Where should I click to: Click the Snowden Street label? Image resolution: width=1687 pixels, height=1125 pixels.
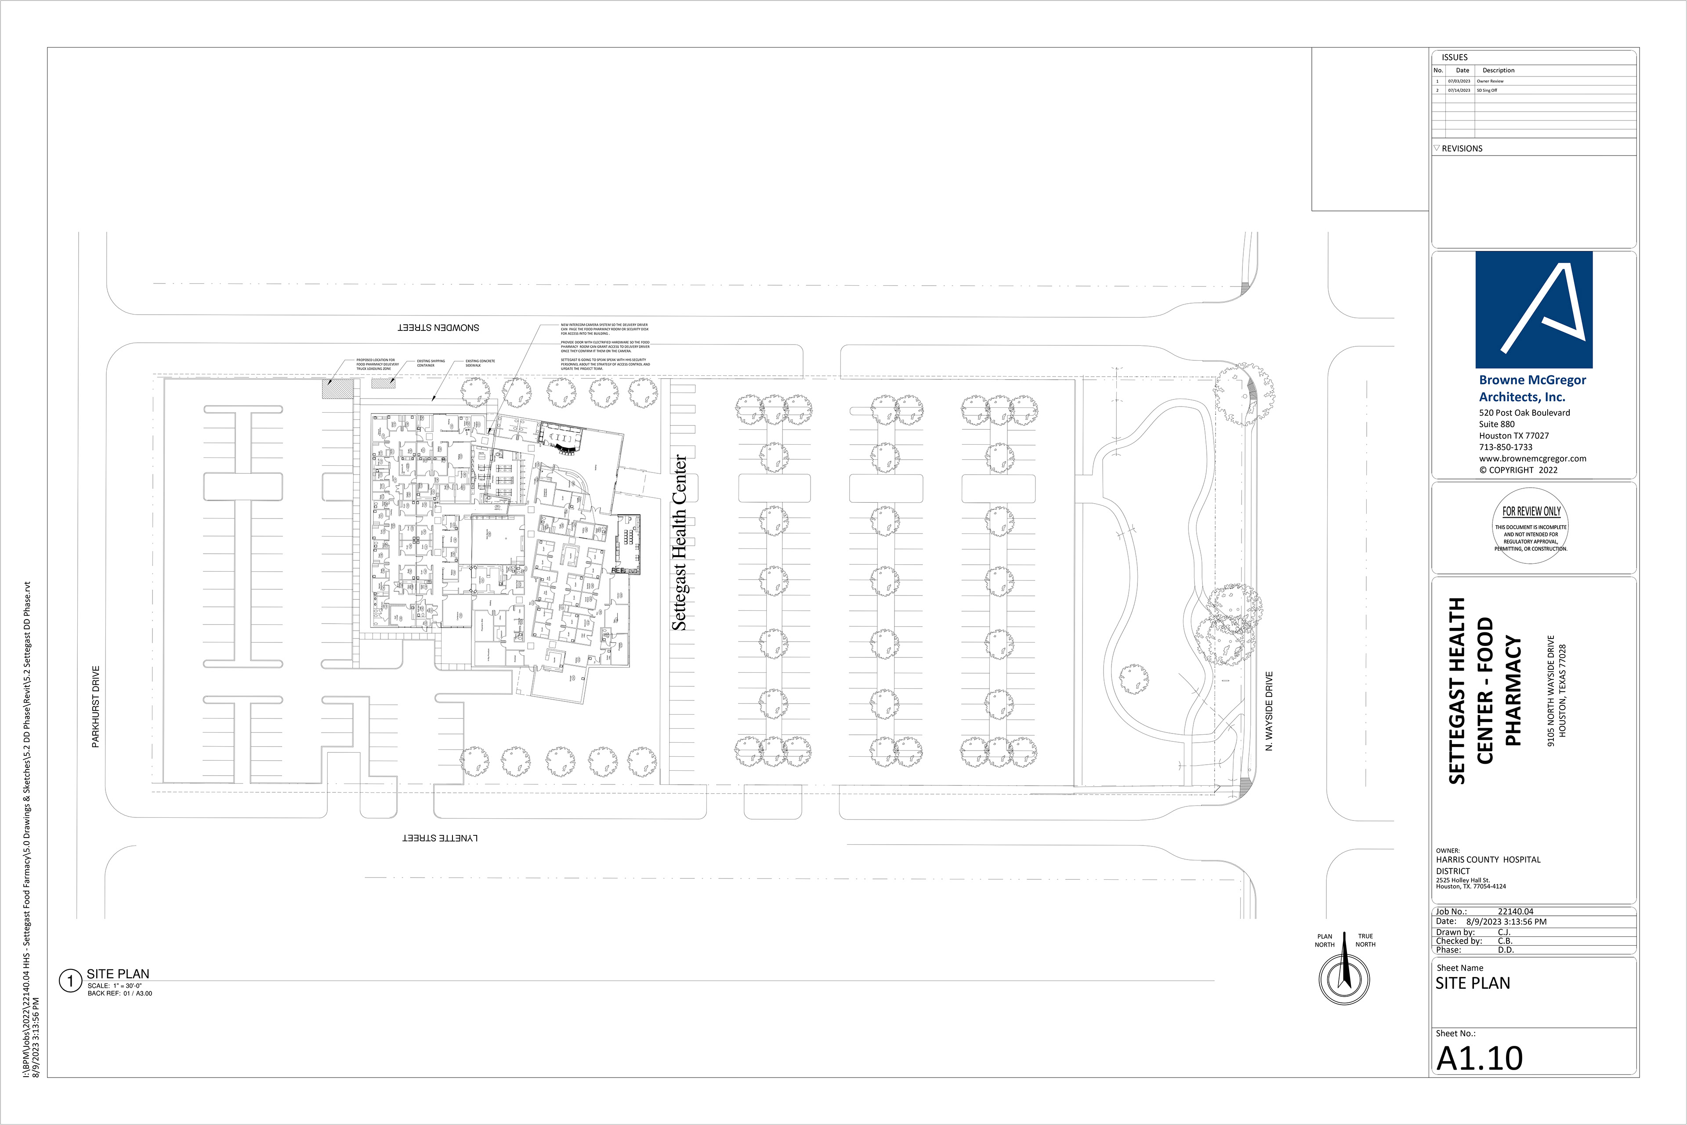(x=438, y=328)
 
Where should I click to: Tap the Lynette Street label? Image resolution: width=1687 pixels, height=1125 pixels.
(x=439, y=838)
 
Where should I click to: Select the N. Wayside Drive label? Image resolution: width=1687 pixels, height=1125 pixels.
(x=1269, y=711)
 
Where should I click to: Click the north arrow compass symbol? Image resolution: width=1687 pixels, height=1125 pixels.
(x=1344, y=977)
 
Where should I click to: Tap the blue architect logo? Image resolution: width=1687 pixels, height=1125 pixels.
(x=1534, y=310)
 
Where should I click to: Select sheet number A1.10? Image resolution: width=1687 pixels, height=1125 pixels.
(x=1480, y=1058)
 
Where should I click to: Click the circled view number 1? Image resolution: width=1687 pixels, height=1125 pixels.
(x=70, y=981)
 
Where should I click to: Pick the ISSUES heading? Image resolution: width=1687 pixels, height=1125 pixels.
(x=1455, y=58)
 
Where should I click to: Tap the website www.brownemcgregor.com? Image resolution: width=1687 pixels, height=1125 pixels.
(x=1532, y=458)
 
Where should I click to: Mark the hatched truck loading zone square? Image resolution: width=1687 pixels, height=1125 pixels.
(x=337, y=389)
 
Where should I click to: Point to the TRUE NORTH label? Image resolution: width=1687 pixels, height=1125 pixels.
(x=1365, y=940)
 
